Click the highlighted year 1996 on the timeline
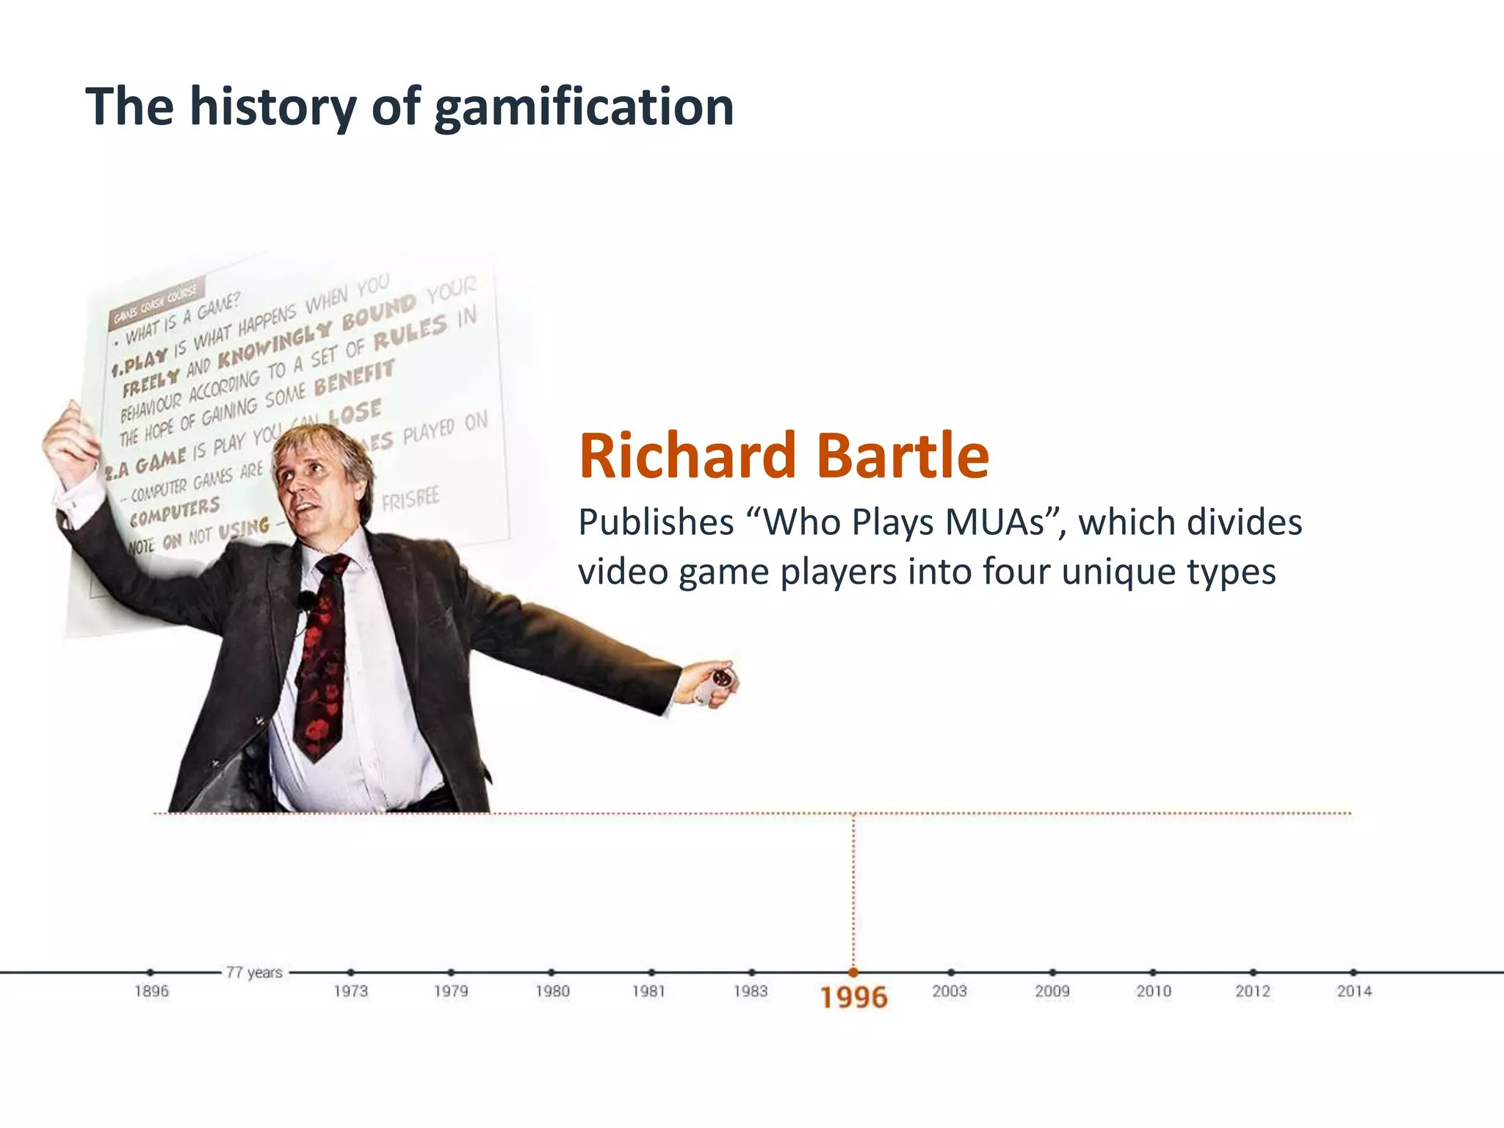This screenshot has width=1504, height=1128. point(853,997)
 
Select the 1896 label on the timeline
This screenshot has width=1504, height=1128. point(151,991)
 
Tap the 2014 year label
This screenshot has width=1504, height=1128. point(1353,991)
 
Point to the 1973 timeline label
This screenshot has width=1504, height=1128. point(350,991)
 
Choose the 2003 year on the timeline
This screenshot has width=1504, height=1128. point(950,991)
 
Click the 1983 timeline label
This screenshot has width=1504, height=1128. point(750,991)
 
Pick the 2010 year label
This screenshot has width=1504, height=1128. point(1153,991)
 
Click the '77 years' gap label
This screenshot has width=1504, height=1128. point(254,972)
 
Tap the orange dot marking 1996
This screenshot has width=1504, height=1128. point(853,972)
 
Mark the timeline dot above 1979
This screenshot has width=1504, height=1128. point(451,972)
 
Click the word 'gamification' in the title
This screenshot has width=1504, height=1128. point(584,108)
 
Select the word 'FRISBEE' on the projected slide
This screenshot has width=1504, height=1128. point(411,500)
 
